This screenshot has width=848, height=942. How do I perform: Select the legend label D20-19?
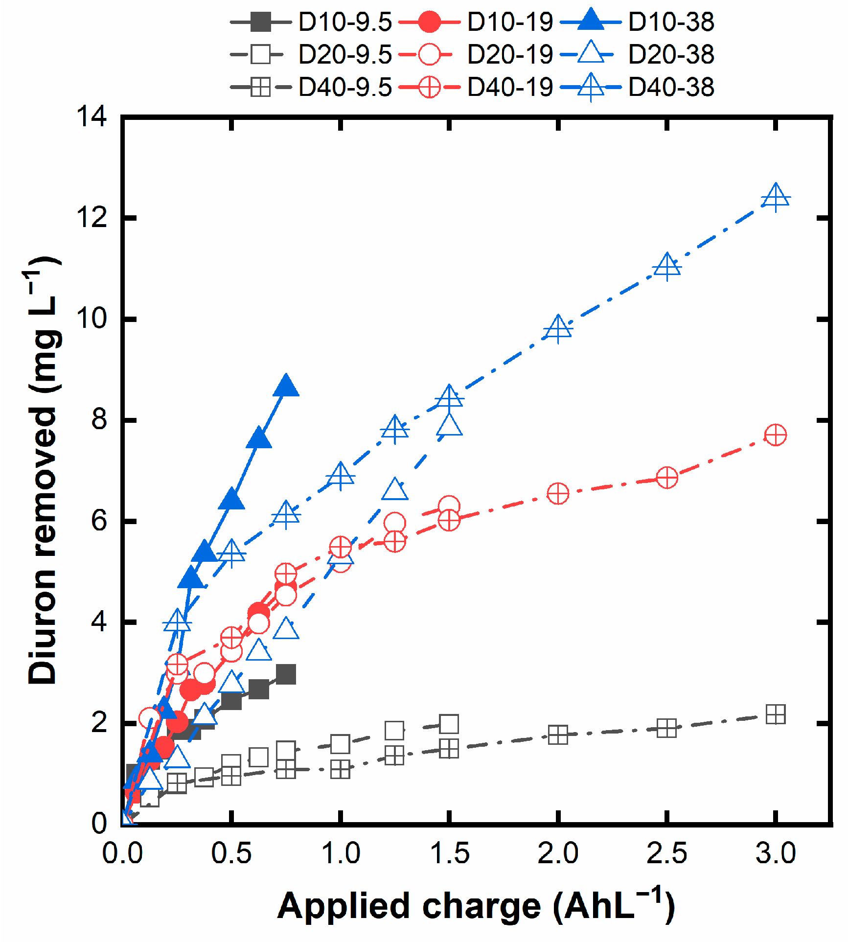click(x=509, y=54)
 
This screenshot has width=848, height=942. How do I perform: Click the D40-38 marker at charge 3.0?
click(x=776, y=198)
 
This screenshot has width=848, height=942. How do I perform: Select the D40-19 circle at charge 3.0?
click(x=776, y=435)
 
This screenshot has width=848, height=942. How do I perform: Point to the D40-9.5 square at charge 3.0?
click(x=776, y=714)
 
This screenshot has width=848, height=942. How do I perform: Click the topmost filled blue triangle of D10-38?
click(x=286, y=387)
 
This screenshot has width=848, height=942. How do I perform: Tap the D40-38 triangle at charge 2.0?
click(x=558, y=328)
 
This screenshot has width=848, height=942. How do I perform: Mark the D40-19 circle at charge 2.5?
click(x=667, y=477)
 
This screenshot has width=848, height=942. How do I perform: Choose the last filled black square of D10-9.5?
click(x=286, y=674)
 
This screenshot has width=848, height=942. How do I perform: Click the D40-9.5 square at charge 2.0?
click(x=558, y=735)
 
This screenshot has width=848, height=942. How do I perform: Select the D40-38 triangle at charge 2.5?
click(x=667, y=267)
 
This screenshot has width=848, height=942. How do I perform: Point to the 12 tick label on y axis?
click(x=92, y=217)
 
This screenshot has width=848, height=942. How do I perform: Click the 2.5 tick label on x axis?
click(x=666, y=853)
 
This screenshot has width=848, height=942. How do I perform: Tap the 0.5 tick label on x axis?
click(x=231, y=853)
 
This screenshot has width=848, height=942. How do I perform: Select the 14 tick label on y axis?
click(x=92, y=117)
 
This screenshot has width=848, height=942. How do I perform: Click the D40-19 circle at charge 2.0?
click(x=558, y=494)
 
